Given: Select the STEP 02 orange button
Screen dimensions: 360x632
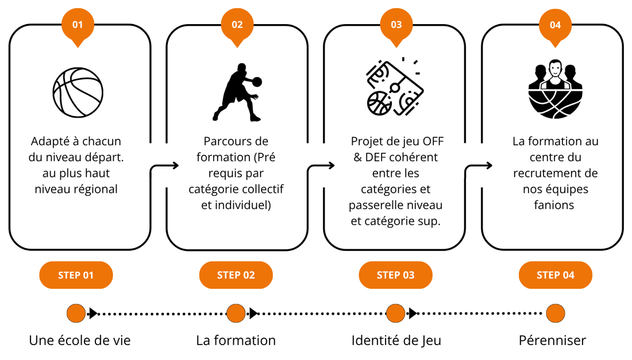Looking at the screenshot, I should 236,275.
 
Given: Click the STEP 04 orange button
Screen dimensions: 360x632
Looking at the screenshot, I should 555,275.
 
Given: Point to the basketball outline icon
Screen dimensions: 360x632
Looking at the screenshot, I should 78,92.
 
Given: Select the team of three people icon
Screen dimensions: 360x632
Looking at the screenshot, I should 555,87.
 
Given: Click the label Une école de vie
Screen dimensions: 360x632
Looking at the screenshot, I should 80,340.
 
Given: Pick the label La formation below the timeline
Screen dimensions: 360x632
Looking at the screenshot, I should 236,340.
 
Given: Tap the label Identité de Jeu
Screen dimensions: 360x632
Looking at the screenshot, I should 396,340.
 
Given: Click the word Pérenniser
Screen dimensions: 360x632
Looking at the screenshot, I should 552,340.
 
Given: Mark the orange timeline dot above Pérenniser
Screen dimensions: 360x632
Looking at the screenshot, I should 555,313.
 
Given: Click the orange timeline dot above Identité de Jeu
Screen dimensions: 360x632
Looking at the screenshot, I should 395,313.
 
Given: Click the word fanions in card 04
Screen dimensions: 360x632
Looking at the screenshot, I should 554,204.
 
